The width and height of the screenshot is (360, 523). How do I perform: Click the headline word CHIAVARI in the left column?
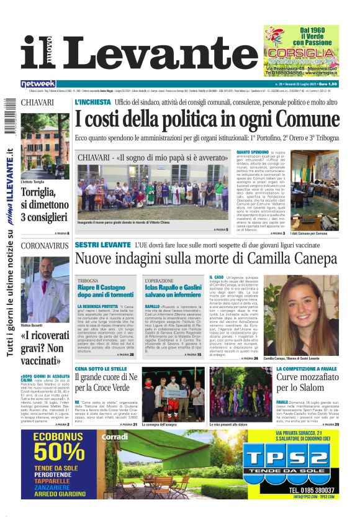pyautogui.click(x=37, y=102)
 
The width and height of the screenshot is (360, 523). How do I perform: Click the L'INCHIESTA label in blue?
pyautogui.click(x=92, y=102)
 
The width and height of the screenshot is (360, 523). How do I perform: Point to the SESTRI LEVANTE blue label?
pyautogui.click(x=102, y=245)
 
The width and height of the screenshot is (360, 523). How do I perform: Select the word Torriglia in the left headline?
pyautogui.click(x=40, y=193)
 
